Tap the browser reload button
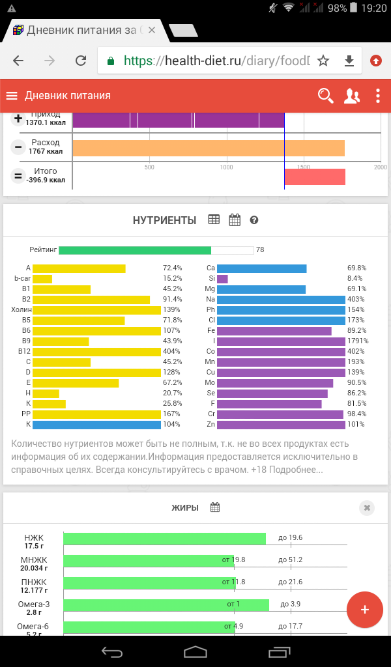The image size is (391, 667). [x=81, y=61]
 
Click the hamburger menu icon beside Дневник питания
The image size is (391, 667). [x=12, y=96]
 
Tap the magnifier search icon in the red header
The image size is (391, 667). [x=325, y=96]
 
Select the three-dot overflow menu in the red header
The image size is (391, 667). [x=378, y=96]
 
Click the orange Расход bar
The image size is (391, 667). [x=209, y=148]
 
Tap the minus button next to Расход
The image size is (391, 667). [x=18, y=147]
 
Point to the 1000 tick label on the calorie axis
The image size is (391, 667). [x=226, y=167]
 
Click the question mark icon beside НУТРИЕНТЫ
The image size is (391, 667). [x=254, y=220]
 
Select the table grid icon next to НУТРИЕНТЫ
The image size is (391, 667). [x=214, y=220]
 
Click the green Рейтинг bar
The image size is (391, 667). [x=135, y=250]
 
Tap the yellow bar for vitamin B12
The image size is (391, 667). [x=96, y=352]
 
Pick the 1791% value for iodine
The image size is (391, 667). [x=358, y=341]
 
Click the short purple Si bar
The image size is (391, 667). [x=222, y=279]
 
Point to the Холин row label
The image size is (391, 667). [x=22, y=310]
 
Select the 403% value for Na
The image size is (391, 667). [x=356, y=300]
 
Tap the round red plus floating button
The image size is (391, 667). [x=365, y=610]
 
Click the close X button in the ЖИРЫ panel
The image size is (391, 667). [x=367, y=508]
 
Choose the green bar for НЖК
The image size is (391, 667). [x=164, y=538]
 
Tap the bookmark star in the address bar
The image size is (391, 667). [x=323, y=61]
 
